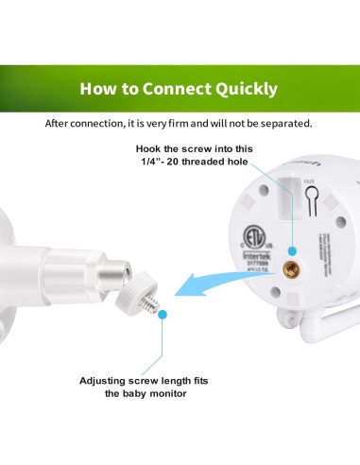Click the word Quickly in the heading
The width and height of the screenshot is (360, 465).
click(x=244, y=90)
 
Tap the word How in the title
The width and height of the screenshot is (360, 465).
click(x=98, y=90)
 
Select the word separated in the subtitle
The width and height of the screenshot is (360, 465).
click(x=286, y=124)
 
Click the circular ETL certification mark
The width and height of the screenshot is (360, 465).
click(x=249, y=234)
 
